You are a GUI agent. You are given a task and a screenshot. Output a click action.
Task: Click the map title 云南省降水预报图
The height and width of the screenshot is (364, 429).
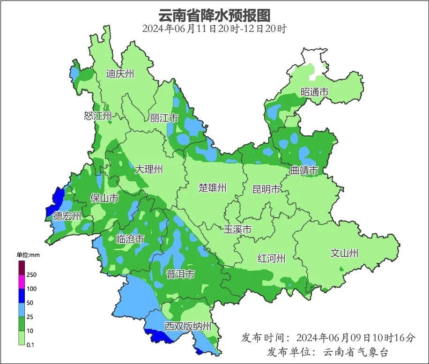(x=214, y=15)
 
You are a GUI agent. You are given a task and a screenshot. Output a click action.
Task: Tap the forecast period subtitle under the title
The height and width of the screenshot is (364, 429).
(x=214, y=29)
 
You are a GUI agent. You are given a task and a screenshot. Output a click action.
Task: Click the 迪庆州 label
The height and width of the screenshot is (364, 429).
(x=120, y=74)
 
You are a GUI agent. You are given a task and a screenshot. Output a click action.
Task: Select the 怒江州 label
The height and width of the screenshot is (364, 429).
(x=98, y=116)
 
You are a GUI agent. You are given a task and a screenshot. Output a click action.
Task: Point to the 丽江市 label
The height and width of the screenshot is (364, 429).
(x=164, y=118)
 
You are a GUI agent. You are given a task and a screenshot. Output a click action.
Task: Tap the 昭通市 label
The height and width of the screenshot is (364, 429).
(x=314, y=92)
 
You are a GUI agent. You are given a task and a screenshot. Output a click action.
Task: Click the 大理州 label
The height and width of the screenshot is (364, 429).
(x=149, y=169)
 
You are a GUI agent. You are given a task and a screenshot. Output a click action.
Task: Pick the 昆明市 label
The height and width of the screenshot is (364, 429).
(x=266, y=189)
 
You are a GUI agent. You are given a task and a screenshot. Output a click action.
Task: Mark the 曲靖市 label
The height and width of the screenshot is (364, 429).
(x=304, y=170)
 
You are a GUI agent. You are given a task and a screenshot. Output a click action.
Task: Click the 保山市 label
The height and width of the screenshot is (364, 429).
(x=104, y=198)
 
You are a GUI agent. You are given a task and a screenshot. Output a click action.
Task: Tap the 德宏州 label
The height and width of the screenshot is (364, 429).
(x=67, y=216)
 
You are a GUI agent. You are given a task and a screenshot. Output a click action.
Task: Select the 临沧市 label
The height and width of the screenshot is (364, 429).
(x=130, y=239)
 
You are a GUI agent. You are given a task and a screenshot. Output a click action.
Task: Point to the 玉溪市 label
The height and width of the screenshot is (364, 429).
(x=237, y=230)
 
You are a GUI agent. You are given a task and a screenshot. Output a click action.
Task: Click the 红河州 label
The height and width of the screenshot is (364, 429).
(x=271, y=258)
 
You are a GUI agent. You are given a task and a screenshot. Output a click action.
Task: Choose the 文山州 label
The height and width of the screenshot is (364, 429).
(x=344, y=253)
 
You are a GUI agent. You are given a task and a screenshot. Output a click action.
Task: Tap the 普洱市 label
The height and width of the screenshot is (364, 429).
(x=180, y=274)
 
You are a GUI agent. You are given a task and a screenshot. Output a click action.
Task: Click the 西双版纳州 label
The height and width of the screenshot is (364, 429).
(x=188, y=327)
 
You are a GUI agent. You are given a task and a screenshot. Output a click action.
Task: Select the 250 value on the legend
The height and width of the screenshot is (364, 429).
(x=31, y=275)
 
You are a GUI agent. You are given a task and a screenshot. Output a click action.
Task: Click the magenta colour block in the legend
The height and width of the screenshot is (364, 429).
(x=22, y=282)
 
